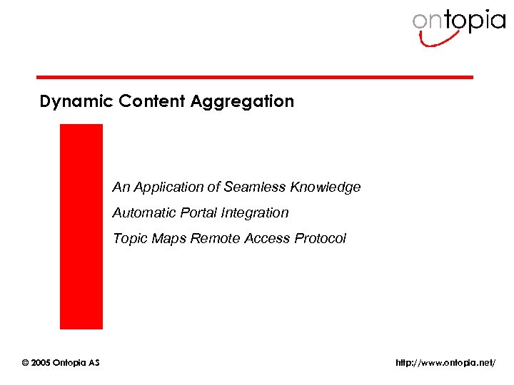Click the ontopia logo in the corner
(x=458, y=24)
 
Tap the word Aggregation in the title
(x=242, y=101)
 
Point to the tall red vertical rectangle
(x=81, y=226)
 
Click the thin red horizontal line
(x=255, y=77)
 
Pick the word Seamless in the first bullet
(x=255, y=187)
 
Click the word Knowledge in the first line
(x=326, y=187)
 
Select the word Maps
(x=168, y=238)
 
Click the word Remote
(x=215, y=238)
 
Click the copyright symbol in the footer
(x=26, y=363)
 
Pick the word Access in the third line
(x=267, y=238)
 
